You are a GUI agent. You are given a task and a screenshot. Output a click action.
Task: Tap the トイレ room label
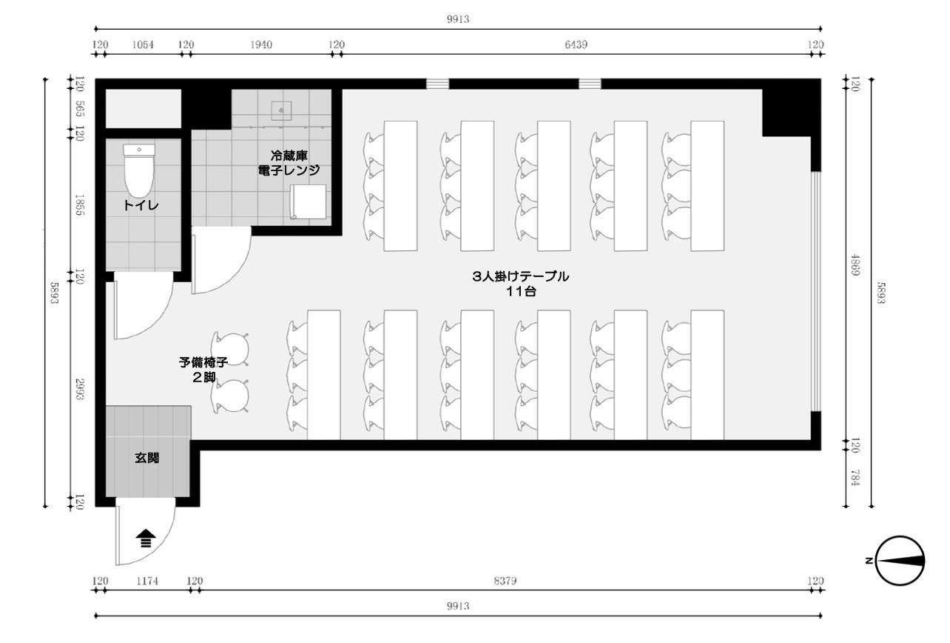(x=141, y=205)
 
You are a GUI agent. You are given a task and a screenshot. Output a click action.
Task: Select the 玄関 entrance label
(x=146, y=459)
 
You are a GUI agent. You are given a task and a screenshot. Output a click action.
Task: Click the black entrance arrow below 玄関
(x=146, y=537)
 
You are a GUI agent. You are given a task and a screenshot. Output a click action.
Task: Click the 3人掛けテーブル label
(x=521, y=276)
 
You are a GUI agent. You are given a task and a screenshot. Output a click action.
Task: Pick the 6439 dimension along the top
(x=576, y=44)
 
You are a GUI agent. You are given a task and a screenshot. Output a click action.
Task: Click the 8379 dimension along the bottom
(x=505, y=581)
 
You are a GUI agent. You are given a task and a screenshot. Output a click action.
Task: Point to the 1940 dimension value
(x=261, y=44)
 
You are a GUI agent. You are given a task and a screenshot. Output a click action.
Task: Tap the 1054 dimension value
(x=143, y=44)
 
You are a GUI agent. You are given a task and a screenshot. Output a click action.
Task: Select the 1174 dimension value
(x=147, y=581)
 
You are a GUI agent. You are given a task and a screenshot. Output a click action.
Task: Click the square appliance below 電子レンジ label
(x=308, y=201)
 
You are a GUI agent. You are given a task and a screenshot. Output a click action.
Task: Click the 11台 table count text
(x=521, y=291)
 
